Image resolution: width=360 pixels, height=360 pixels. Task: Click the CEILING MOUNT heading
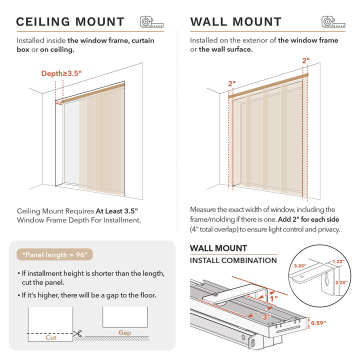(x=70, y=22)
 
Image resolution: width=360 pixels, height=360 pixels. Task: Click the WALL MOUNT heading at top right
(x=236, y=22)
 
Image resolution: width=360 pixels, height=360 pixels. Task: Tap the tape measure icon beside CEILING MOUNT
(x=151, y=22)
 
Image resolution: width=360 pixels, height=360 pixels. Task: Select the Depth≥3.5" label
(x=61, y=73)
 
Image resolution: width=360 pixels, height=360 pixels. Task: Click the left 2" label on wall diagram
(x=231, y=83)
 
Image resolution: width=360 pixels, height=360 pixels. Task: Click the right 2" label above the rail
(x=305, y=60)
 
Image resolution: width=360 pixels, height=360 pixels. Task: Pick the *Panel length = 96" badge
(x=54, y=254)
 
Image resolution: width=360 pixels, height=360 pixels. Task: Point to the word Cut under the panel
(x=51, y=337)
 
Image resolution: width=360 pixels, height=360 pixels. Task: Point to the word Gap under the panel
(x=125, y=332)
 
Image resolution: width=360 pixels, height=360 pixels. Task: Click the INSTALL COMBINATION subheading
(x=233, y=260)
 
